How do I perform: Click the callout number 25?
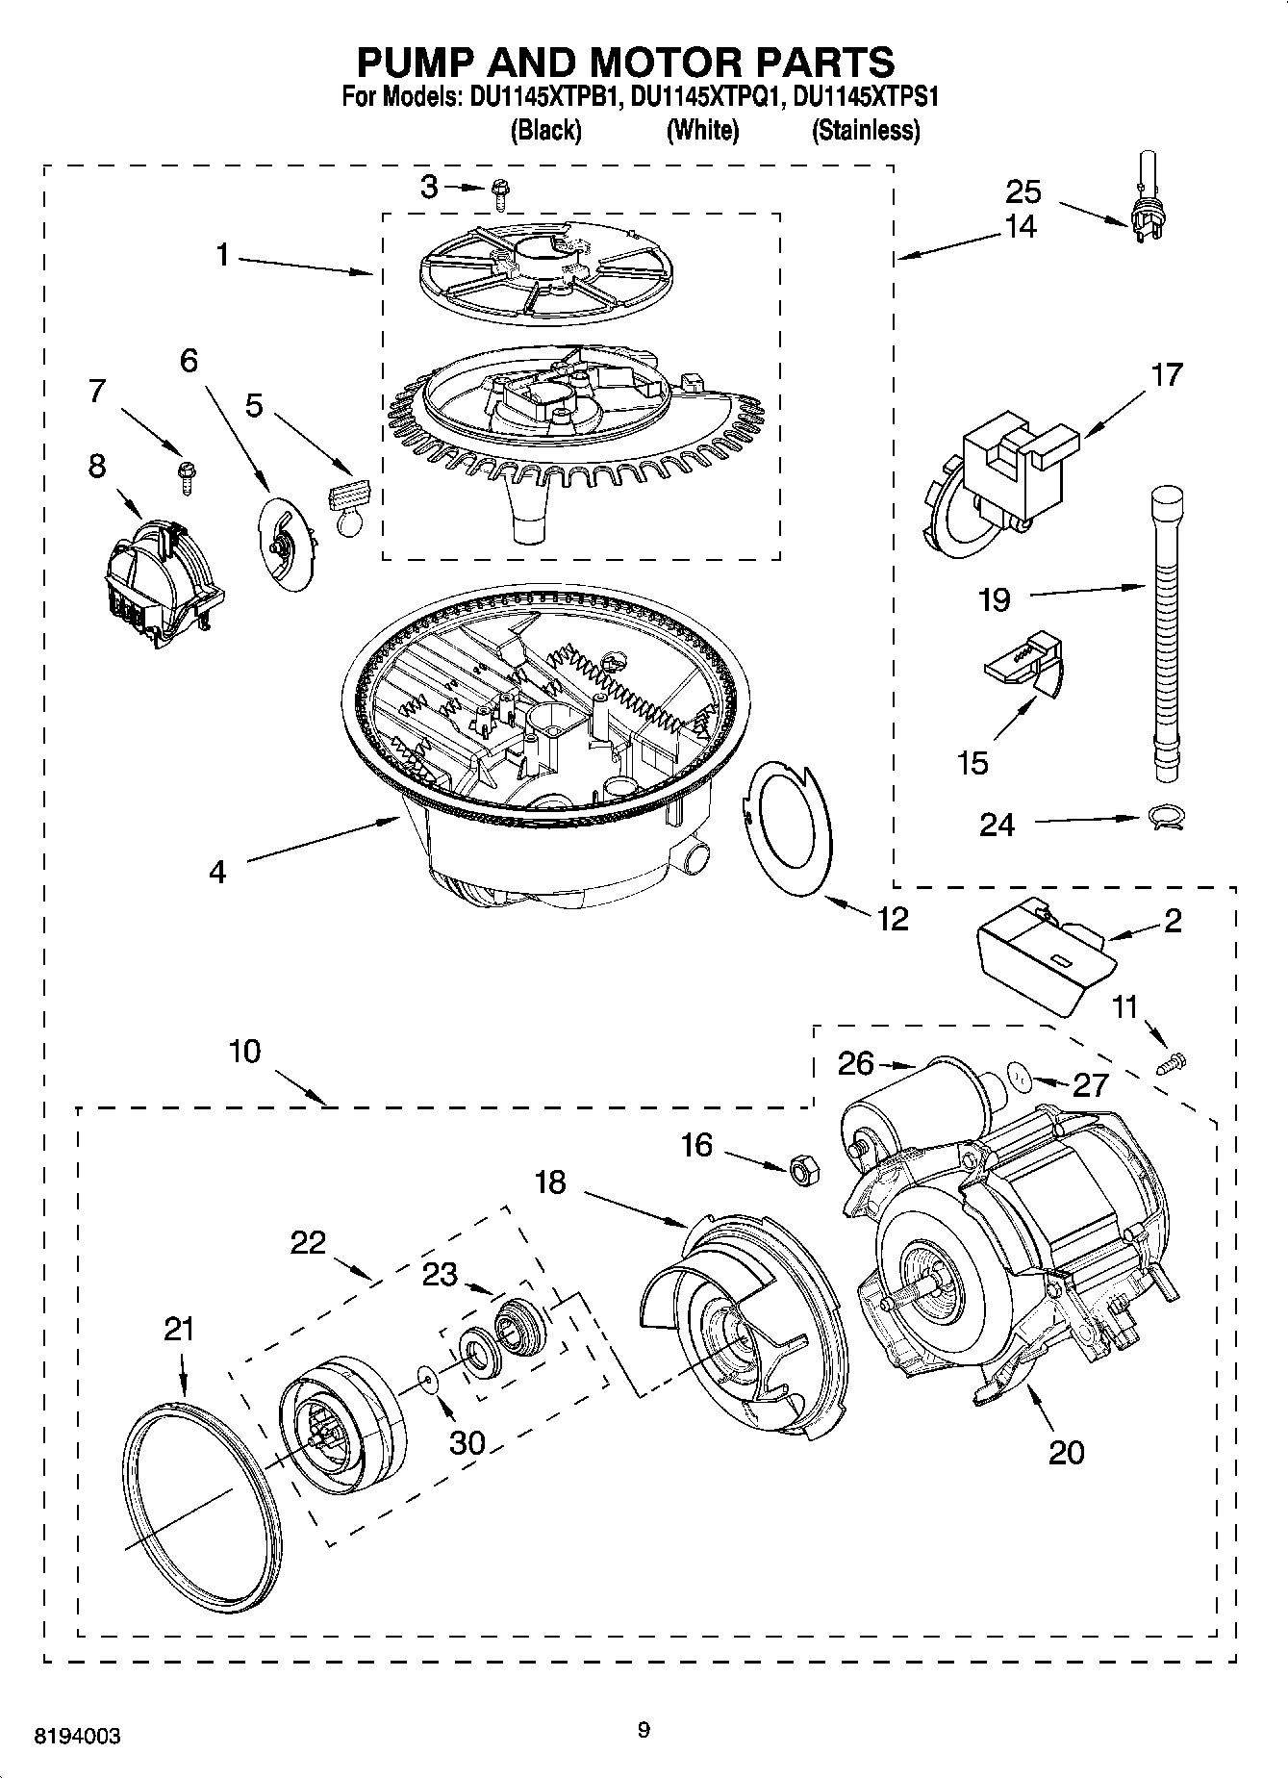coord(1023,191)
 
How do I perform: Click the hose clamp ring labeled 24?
coord(1166,818)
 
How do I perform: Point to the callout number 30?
coord(467,1441)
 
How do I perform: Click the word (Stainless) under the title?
coord(866,130)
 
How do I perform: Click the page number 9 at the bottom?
coord(644,1730)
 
